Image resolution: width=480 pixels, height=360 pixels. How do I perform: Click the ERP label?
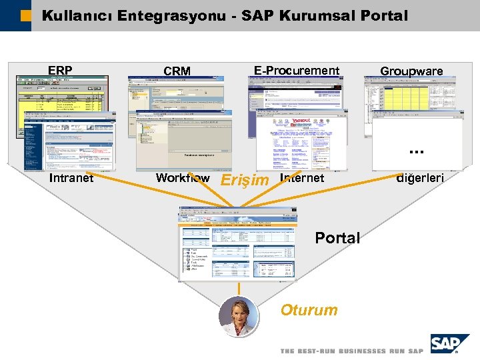pos(60,70)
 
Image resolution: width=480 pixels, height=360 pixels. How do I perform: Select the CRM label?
pos(177,71)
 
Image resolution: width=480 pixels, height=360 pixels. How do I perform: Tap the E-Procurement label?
pos(297,70)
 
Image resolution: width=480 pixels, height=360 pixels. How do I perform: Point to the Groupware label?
pos(411,71)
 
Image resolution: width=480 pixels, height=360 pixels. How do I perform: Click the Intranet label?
pos(71,178)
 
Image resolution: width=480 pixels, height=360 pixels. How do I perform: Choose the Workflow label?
pos(183,178)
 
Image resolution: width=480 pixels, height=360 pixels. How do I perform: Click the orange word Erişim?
pos(244,180)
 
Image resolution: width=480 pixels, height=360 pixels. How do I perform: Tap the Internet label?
pos(302,178)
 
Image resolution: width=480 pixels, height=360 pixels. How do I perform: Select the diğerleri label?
pos(420,178)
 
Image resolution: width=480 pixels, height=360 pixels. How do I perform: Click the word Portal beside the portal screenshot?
pos(337,238)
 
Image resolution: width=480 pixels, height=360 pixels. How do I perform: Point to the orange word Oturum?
pos(309,310)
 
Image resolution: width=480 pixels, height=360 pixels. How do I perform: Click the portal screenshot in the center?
pos(237,243)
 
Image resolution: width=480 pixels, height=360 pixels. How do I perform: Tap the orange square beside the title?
pos(25,15)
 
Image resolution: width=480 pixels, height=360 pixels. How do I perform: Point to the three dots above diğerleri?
pos(416,153)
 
